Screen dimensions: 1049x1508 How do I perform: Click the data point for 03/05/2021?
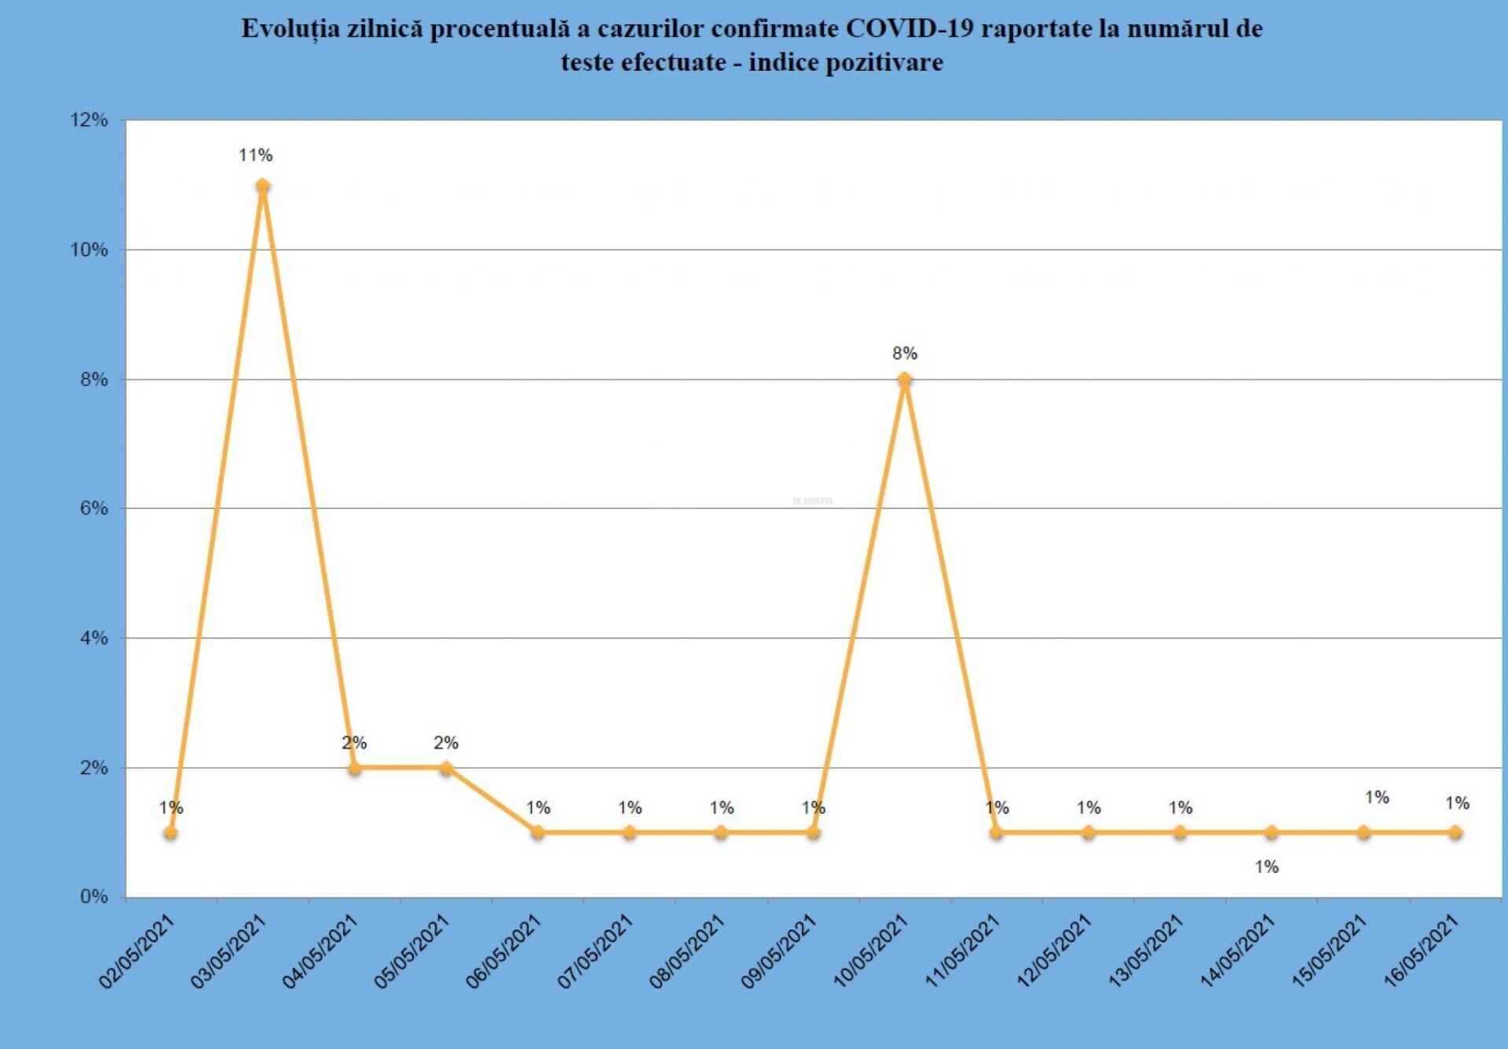[x=262, y=186]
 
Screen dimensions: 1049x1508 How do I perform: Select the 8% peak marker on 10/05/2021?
[x=905, y=380]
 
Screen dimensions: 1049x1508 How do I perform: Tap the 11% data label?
[x=255, y=156]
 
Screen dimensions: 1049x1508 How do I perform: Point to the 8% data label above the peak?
[x=905, y=354]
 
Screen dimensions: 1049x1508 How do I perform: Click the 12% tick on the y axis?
[x=89, y=120]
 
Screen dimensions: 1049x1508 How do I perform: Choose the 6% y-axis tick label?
[x=93, y=508]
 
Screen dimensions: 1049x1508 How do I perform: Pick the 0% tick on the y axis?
[x=93, y=897]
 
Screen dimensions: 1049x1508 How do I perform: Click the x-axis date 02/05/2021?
[x=137, y=952]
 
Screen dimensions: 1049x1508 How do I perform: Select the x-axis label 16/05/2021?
[x=1421, y=952]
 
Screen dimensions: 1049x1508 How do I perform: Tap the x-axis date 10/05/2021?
[x=870, y=952]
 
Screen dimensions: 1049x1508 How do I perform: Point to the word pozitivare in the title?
[x=885, y=62]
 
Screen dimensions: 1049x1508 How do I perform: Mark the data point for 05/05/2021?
[x=446, y=768]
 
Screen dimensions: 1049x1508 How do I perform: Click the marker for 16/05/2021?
[x=1455, y=832]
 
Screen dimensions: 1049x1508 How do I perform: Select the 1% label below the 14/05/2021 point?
[x=1266, y=867]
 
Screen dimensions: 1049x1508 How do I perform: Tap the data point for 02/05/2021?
[x=170, y=832]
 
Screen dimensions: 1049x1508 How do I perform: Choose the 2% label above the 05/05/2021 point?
[x=445, y=743]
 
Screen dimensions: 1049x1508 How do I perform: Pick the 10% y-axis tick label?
[x=89, y=250]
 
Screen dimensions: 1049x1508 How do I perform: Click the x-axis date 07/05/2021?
[x=595, y=952]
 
